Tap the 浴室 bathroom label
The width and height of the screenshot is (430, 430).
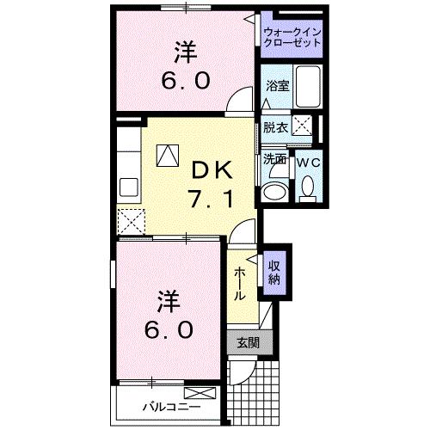[276, 86]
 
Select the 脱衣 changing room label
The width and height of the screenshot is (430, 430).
[274, 126]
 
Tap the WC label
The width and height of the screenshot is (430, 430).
[308, 161]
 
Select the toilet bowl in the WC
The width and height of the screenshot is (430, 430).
[307, 187]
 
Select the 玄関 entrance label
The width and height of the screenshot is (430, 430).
[247, 342]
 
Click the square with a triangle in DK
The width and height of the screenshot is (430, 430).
[166, 155]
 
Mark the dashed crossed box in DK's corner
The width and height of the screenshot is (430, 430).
[132, 222]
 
